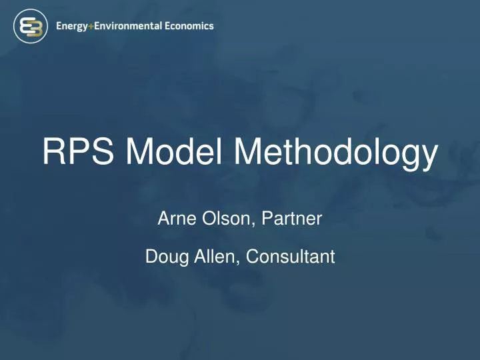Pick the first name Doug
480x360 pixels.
163,256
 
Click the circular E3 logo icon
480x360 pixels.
29,27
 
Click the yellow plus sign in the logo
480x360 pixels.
95,26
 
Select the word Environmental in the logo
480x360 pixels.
135,26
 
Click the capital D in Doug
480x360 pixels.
151,255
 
